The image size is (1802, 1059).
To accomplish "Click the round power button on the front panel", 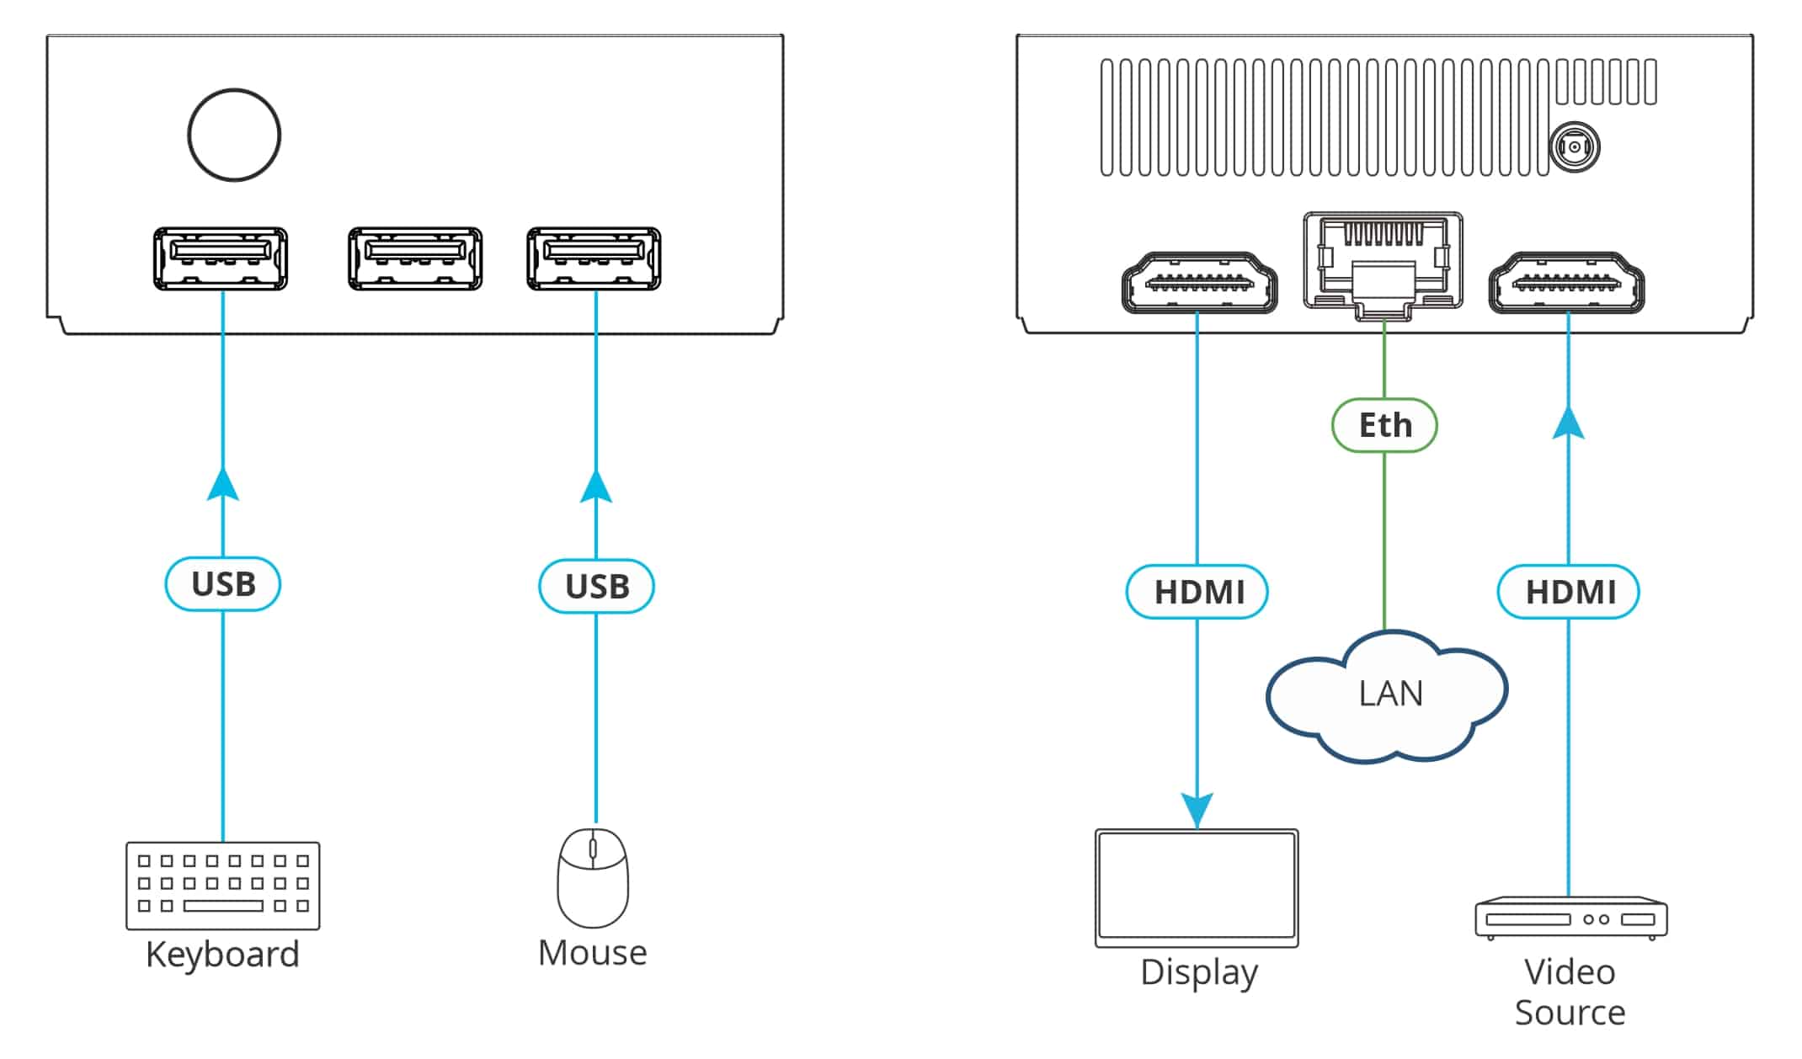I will pos(234,135).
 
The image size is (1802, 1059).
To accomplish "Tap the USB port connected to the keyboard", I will pos(221,258).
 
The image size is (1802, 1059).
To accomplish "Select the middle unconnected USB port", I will pos(415,258).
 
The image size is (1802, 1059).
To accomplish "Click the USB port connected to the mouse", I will pos(594,258).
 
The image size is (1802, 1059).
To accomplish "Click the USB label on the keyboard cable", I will pos(223,583).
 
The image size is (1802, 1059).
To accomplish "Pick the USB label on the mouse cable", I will pos(596,586).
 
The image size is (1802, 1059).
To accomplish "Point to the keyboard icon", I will pos(223,885).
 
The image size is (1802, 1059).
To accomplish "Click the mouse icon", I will pos(593,877).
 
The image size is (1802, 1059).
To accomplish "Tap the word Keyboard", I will pos(222,954).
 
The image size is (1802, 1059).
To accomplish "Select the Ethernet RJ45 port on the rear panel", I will pos(1383,263).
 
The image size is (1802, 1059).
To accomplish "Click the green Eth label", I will pos(1384,425).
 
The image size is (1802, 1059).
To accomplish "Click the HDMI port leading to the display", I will pos(1199,284).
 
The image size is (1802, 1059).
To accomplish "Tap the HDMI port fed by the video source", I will pos(1566,284).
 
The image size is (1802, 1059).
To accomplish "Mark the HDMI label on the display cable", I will pos(1197,592).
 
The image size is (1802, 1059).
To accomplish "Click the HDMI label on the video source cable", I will pos(1569,592).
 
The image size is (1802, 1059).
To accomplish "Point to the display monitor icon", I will pos(1197,887).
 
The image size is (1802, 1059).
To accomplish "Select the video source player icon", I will pos(1570,918).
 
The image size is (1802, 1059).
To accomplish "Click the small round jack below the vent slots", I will pos(1574,147).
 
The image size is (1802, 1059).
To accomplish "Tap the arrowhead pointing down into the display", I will pos(1197,809).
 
